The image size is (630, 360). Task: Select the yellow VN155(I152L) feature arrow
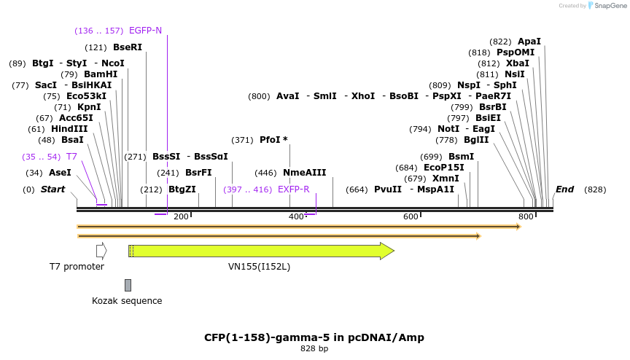262,251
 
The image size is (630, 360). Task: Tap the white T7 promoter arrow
101,251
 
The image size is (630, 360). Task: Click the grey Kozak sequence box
128,285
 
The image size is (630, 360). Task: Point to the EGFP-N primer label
145,31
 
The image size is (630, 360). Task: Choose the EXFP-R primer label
294,189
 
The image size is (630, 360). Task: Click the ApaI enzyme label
529,42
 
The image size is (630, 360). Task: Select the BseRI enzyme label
128,47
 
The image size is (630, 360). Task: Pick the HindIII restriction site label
69,129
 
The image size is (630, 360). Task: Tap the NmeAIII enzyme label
304,173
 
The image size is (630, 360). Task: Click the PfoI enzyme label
273,140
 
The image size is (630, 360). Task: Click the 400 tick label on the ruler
296,216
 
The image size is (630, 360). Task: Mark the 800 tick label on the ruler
526,216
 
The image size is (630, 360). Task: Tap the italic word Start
52,189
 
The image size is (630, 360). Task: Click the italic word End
564,189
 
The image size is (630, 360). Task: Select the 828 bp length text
314,349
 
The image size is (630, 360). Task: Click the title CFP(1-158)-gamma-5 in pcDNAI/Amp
314,337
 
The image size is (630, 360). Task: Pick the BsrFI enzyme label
198,173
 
